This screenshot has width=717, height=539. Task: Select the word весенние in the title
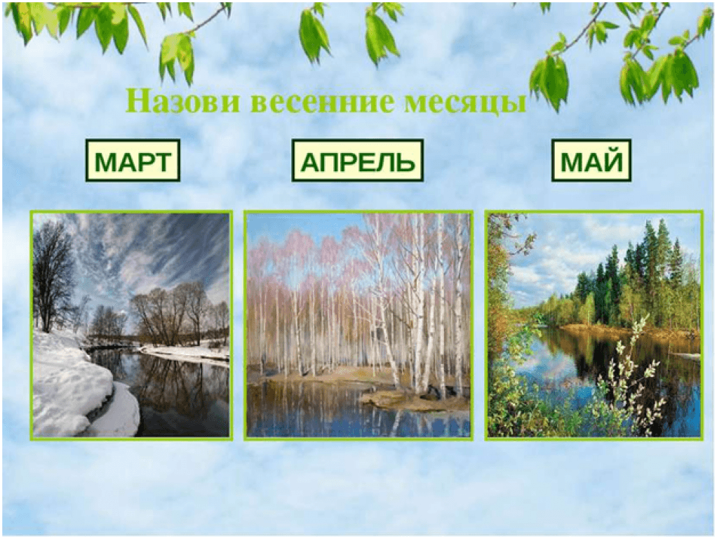322,102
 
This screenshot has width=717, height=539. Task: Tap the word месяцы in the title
465,103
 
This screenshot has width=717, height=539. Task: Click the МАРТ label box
133,161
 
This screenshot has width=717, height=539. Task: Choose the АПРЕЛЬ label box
358,161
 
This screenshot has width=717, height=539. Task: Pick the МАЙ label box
591,161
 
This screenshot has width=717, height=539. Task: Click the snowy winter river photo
131,326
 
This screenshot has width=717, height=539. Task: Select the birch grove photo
358,326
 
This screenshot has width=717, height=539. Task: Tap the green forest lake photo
594,326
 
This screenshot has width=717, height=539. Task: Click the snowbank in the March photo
78,389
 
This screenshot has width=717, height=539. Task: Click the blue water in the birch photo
320,412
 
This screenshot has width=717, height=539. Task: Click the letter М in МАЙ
572,161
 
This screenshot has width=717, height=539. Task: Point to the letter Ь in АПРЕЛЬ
405,161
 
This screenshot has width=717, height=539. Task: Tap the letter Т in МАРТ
161,161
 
